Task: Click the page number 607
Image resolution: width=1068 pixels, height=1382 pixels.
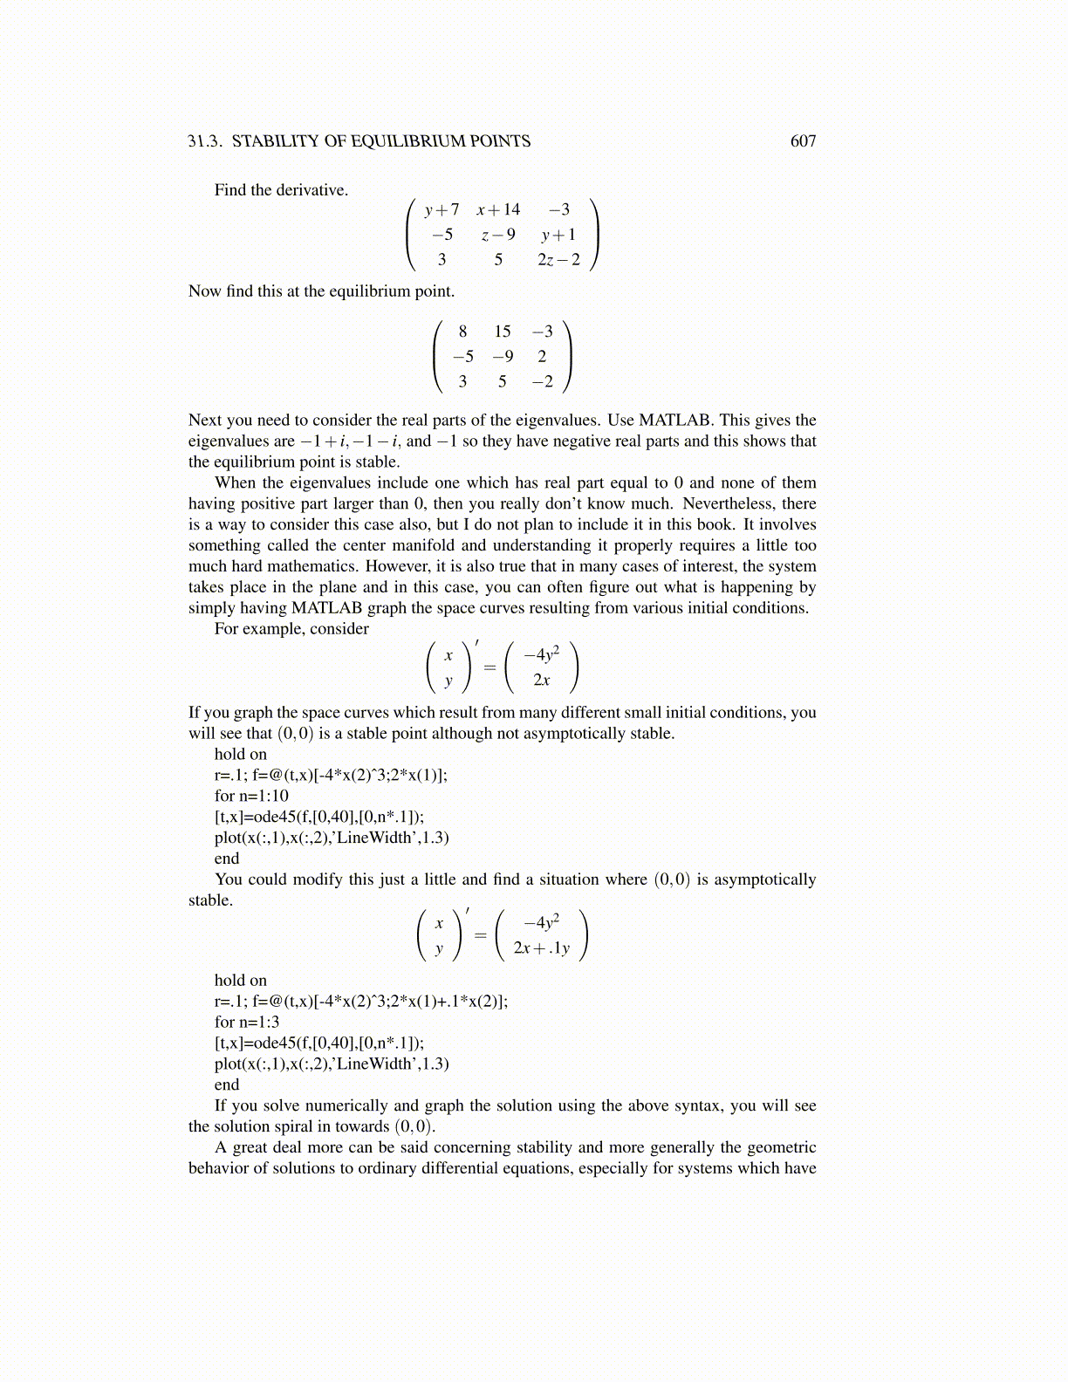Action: (x=803, y=141)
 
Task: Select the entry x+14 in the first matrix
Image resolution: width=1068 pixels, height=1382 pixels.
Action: (x=498, y=209)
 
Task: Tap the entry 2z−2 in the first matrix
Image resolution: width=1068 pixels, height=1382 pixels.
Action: (x=558, y=259)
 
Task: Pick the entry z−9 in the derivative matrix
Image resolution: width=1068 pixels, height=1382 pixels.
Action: (x=498, y=235)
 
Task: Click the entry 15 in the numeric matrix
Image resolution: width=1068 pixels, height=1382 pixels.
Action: (x=502, y=332)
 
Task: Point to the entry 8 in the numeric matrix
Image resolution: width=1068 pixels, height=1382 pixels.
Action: (x=462, y=332)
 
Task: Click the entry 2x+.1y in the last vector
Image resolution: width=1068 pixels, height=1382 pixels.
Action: (x=541, y=948)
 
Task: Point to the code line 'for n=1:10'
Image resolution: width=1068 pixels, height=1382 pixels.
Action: (x=251, y=796)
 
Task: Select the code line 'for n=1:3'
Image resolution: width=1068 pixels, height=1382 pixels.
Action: (x=247, y=1022)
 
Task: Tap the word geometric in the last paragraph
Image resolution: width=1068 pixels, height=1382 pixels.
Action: (x=780, y=1147)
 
